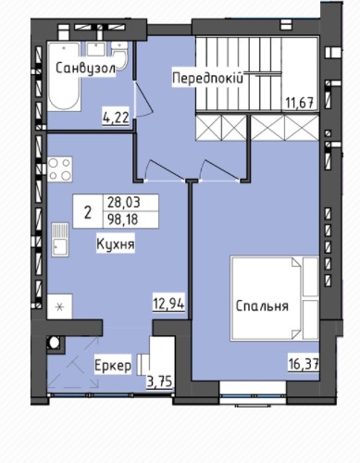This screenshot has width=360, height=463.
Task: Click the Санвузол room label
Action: tap(86, 69)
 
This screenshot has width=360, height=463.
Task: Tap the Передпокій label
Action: tap(208, 78)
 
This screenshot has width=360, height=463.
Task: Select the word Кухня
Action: tap(116, 244)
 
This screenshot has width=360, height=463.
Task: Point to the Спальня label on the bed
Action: tap(262, 307)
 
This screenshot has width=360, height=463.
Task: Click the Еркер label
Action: tap(113, 367)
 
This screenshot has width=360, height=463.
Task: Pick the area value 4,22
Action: tap(116, 118)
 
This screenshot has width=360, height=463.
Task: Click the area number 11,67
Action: tap(299, 103)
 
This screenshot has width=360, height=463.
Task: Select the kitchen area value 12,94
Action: tap(168, 304)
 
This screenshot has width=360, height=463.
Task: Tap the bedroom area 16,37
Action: tap(304, 366)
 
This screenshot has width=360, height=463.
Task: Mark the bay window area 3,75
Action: tap(159, 382)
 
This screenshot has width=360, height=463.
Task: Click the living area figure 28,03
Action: tap(124, 203)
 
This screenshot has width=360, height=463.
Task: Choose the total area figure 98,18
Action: tap(123, 219)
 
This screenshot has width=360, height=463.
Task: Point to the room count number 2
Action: tap(88, 213)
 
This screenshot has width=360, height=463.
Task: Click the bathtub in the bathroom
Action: tap(64, 77)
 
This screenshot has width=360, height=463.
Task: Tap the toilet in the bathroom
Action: tap(119, 55)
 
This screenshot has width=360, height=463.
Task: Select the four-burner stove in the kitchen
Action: tap(60, 169)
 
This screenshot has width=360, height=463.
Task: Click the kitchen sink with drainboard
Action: tap(60, 240)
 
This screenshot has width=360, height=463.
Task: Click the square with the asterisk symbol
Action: tap(60, 307)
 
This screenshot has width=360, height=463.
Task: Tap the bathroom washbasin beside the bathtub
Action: tap(96, 49)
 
